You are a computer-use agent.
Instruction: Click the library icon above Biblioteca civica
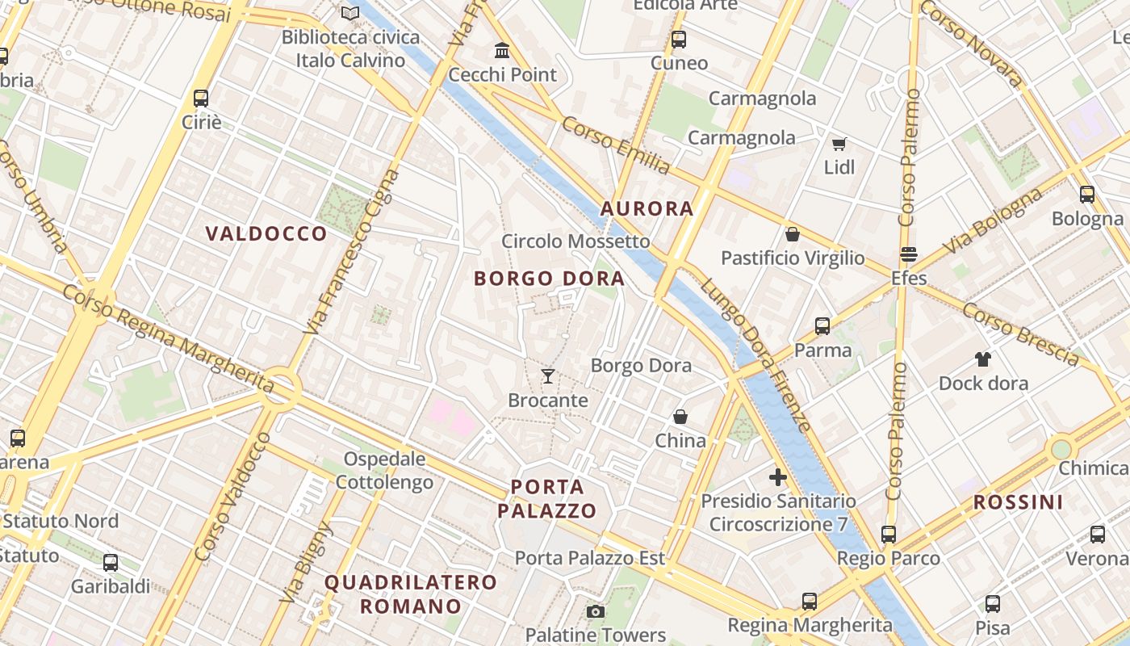click(349, 14)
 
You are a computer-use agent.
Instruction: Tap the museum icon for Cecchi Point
click(502, 51)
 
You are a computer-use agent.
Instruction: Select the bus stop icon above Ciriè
click(201, 99)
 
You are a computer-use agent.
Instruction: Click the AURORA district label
click(647, 209)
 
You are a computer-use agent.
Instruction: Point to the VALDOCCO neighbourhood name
click(266, 234)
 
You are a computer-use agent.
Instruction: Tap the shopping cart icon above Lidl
click(839, 144)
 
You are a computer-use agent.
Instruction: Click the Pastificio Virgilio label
click(793, 258)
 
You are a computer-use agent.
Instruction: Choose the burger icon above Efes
click(909, 254)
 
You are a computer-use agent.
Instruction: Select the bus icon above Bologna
click(1087, 195)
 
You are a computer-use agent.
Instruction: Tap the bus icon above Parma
click(822, 326)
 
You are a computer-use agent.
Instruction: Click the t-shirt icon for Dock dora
click(982, 359)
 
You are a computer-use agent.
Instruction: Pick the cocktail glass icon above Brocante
click(548, 376)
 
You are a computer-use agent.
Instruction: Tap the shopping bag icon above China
click(680, 417)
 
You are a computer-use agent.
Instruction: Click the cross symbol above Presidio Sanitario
click(778, 477)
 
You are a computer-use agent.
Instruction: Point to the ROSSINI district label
click(1018, 502)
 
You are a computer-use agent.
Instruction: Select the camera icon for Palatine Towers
click(596, 612)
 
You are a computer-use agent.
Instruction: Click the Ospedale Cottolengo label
click(384, 471)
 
